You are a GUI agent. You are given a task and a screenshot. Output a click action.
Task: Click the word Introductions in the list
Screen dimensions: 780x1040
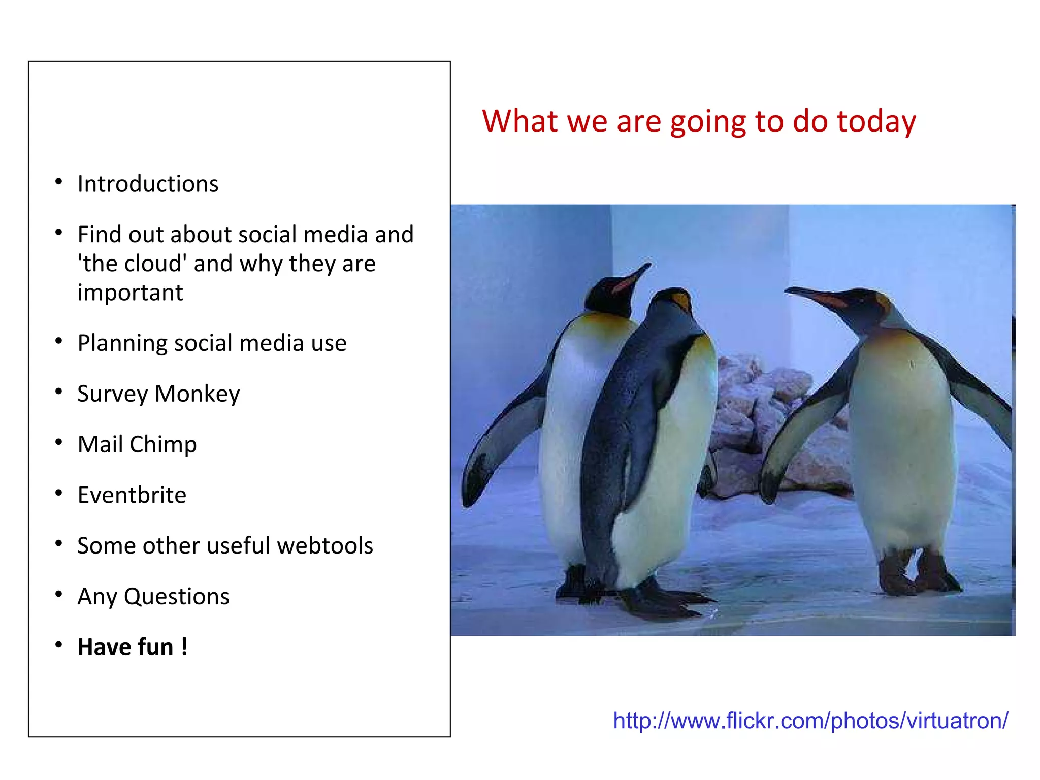pyautogui.click(x=148, y=184)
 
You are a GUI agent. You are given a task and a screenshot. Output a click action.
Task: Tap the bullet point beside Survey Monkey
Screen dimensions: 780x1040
pyautogui.click(x=59, y=392)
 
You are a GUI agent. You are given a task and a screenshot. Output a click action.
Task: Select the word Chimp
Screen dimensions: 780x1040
pyautogui.click(x=163, y=444)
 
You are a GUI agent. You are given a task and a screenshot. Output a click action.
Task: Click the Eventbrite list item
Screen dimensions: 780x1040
pyautogui.click(x=132, y=495)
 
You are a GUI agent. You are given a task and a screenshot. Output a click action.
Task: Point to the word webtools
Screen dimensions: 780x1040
pyautogui.click(x=325, y=546)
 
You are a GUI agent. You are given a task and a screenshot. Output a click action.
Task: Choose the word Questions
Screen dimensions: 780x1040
pyautogui.click(x=177, y=597)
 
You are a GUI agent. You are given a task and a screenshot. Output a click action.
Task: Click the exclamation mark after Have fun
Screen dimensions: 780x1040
pyautogui.click(x=184, y=647)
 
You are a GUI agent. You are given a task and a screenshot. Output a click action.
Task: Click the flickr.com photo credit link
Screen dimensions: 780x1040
pyautogui.click(x=810, y=721)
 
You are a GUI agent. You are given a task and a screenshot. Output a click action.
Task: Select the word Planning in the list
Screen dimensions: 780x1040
pyautogui.click(x=122, y=344)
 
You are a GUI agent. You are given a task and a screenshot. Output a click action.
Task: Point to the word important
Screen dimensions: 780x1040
pyautogui.click(x=130, y=293)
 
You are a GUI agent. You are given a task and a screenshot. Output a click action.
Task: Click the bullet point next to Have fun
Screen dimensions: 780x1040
pyautogui.click(x=59, y=645)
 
